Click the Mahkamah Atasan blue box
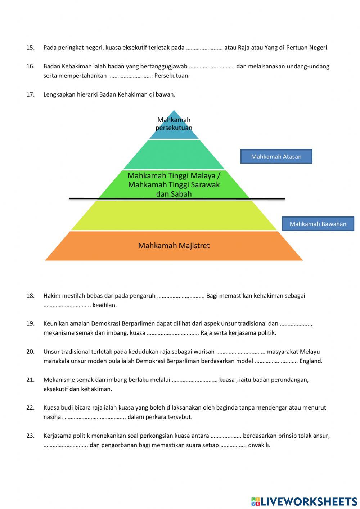276,157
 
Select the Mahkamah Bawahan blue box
318,224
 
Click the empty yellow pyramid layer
174,215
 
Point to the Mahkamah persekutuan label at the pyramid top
174,124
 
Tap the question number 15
30,48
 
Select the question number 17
30,94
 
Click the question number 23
30,436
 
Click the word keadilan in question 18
104,305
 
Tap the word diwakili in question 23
259,445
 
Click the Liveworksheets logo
304,501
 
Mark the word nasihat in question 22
53,417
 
